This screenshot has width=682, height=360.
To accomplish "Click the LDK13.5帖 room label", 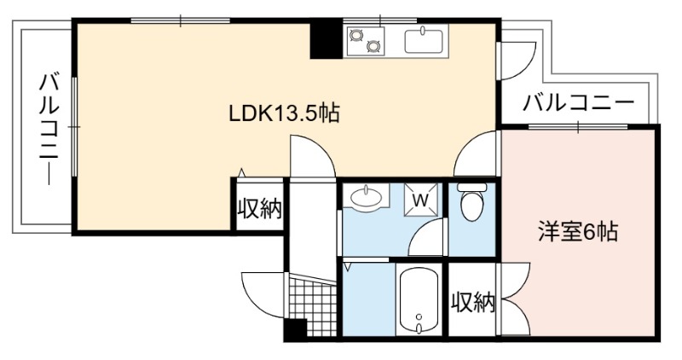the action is (284, 113).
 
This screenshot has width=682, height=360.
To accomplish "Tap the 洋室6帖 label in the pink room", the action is (578, 231).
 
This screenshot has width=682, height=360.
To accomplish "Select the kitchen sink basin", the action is (424, 41).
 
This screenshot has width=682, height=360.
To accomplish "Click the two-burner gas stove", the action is (366, 40).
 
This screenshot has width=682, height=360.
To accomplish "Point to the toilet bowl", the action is (471, 202).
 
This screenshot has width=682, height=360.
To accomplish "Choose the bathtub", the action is (419, 301).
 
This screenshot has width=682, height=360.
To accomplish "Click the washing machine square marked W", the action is (420, 200).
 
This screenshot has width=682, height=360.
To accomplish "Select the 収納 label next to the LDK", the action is (260, 209).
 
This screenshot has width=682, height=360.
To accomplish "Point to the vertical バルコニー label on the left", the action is (49, 130).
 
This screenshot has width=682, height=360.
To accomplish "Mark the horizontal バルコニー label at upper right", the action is (579, 103).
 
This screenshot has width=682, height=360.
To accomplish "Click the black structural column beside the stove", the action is (326, 38).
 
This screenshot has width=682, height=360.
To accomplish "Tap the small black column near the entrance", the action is (296, 330).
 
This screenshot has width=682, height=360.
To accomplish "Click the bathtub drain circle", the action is (419, 316).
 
